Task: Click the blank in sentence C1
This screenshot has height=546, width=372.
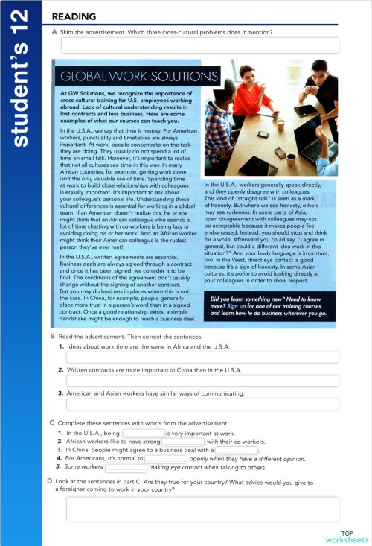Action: [x=144, y=433]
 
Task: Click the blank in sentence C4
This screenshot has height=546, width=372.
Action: [x=166, y=459]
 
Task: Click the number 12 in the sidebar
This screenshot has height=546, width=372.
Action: [x=22, y=20]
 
